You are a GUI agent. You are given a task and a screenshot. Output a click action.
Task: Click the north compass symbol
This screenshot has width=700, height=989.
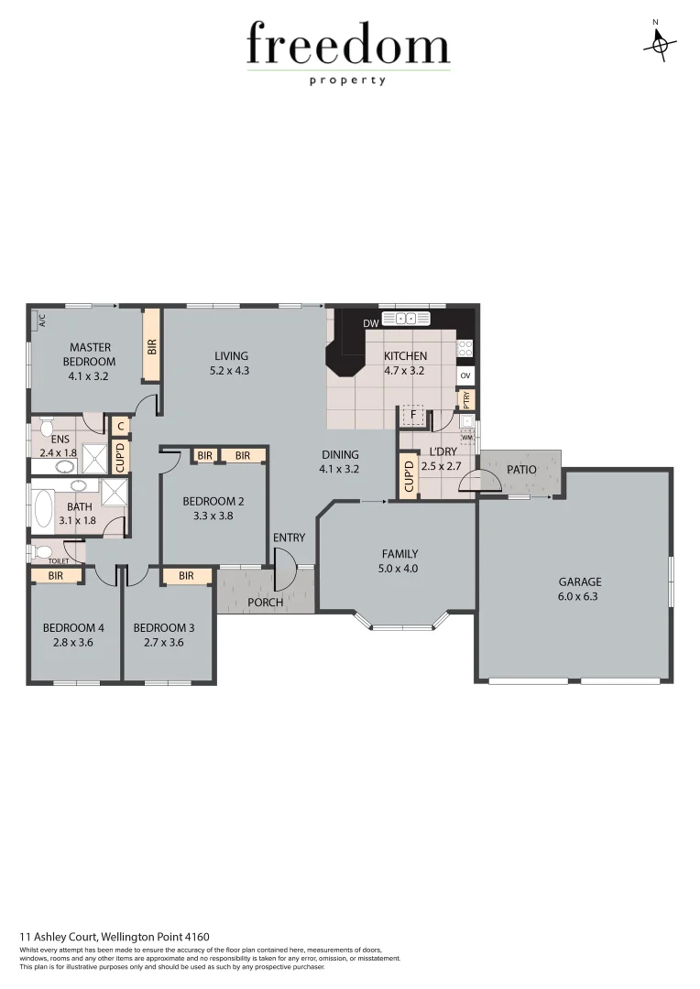tap(659, 43)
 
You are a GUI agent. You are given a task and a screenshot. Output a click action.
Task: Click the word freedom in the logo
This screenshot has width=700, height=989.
tap(348, 46)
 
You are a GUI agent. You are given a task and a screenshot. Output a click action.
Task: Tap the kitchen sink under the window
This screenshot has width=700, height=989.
tap(405, 319)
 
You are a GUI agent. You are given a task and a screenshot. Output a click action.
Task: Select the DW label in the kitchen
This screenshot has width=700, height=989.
tap(370, 323)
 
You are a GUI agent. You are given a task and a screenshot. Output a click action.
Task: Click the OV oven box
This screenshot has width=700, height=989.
tap(465, 376)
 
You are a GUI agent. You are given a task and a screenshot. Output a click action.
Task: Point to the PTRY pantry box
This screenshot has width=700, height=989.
tap(465, 399)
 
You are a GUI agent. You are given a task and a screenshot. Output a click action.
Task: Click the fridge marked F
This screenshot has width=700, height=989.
tap(413, 416)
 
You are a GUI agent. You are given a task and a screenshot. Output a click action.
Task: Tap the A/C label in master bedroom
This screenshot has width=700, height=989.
tap(41, 321)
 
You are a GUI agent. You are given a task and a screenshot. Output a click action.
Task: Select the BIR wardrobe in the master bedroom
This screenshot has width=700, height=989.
tap(152, 345)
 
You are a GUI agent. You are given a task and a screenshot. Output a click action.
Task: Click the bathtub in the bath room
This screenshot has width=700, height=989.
tap(41, 509)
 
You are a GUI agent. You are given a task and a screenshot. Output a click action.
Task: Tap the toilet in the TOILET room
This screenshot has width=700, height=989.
tap(41, 552)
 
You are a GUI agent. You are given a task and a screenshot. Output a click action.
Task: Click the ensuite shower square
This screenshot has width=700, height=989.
tap(94, 456)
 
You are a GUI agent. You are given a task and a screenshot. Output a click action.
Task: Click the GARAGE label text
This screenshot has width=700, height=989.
tap(580, 581)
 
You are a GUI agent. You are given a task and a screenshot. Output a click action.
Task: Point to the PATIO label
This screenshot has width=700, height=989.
tap(521, 470)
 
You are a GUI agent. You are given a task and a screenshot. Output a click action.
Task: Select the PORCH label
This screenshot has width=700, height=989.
tap(267, 603)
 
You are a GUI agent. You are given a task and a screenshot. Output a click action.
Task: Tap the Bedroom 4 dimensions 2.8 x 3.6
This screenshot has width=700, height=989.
tap(73, 643)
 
